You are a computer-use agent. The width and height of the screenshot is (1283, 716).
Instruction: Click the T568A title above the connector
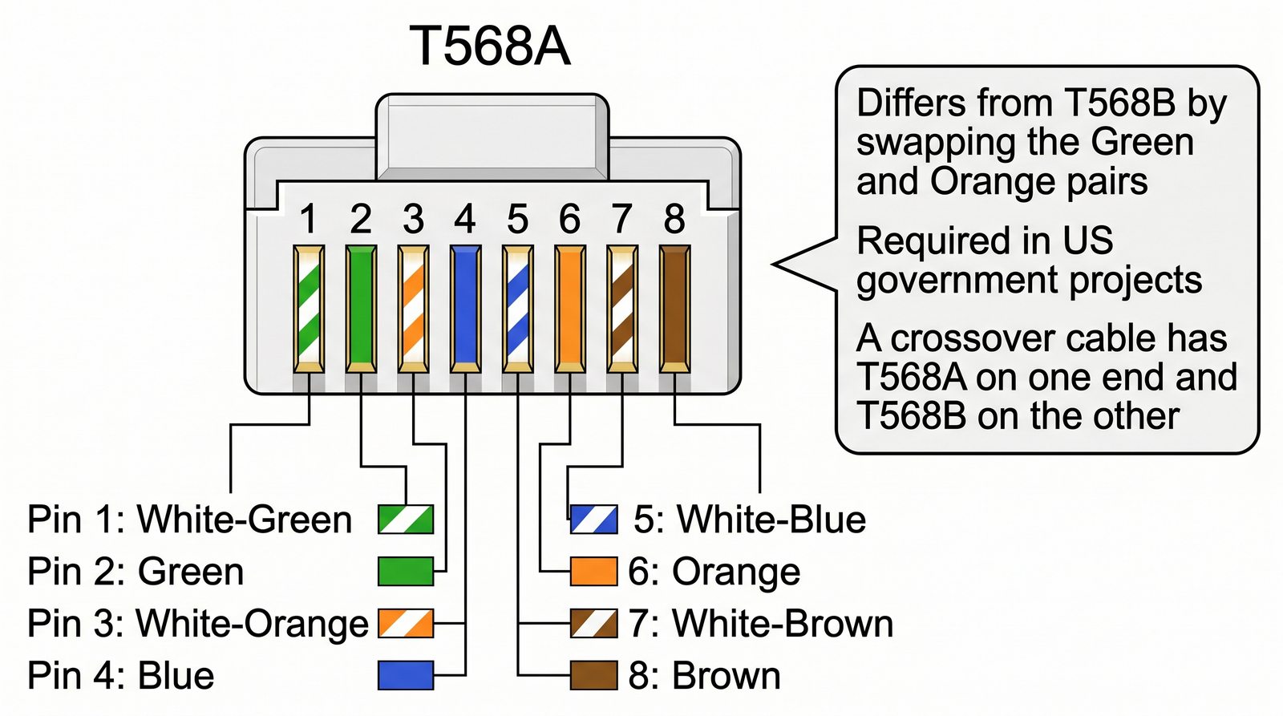pyautogui.click(x=490, y=47)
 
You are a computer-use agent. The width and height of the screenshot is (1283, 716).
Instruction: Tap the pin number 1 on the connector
pyautogui.click(x=308, y=219)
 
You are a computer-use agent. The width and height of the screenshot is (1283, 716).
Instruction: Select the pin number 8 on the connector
pyautogui.click(x=674, y=219)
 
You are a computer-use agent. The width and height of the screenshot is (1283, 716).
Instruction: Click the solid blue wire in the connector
pyautogui.click(x=465, y=309)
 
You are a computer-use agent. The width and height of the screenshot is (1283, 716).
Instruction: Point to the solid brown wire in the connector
pyautogui.click(x=674, y=309)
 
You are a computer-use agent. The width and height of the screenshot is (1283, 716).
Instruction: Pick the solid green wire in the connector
pyautogui.click(x=361, y=309)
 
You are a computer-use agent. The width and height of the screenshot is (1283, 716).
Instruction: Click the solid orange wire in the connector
pyautogui.click(x=569, y=309)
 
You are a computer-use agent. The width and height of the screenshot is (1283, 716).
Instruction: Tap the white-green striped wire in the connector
pyautogui.click(x=309, y=309)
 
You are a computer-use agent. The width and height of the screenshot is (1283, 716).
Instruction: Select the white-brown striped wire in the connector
pyautogui.click(x=621, y=309)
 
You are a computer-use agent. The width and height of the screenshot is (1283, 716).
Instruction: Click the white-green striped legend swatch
pyautogui.click(x=406, y=520)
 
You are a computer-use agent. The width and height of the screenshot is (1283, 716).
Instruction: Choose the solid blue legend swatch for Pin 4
pyautogui.click(x=406, y=675)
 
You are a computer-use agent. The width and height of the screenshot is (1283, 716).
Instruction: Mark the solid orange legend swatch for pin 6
pyautogui.click(x=594, y=572)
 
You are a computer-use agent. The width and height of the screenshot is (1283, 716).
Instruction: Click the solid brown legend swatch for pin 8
pyautogui.click(x=594, y=675)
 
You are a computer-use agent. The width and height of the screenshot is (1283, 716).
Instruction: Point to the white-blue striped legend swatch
pyautogui.click(x=594, y=520)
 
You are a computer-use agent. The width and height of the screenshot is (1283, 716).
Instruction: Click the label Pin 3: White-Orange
pyautogui.click(x=197, y=624)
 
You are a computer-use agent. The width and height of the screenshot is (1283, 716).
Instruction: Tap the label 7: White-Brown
pyautogui.click(x=760, y=624)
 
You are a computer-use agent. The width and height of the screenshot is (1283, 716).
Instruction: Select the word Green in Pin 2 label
pyautogui.click(x=191, y=572)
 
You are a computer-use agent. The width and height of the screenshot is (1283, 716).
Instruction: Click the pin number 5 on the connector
pyautogui.click(x=518, y=219)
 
